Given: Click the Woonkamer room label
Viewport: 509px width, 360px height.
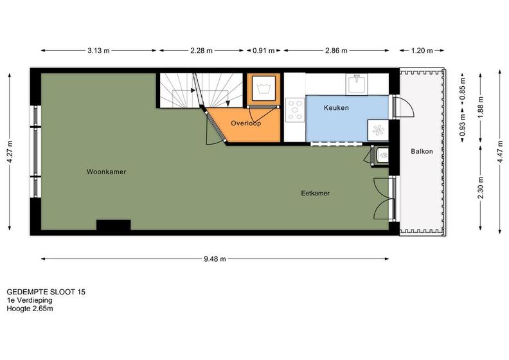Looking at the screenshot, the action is click(106, 172).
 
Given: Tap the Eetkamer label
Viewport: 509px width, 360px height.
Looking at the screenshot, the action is click(315, 193).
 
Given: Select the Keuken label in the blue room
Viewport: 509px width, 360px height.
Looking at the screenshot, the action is click(336, 107).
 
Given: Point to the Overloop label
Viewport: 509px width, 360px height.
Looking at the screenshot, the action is click(246, 123).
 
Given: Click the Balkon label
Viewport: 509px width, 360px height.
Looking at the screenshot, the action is click(422, 151).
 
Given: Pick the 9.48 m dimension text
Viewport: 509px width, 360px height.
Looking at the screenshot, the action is click(215, 259).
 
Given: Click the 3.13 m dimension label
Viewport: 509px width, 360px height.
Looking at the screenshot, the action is click(99, 51).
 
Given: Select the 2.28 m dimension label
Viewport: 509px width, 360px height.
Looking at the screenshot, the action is click(201, 51).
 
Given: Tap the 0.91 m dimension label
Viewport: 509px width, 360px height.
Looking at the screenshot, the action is click(263, 51).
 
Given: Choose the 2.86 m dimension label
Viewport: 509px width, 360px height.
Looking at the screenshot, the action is click(336, 51).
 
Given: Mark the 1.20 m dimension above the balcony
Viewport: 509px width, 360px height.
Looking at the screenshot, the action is click(422, 51).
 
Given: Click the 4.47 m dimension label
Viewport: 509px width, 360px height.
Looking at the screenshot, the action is click(500, 151).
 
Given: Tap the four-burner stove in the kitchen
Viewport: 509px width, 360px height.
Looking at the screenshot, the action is click(295, 110).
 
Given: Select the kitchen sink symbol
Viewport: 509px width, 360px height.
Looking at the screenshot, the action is click(357, 84).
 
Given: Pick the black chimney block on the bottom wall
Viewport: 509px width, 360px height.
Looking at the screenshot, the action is click(114, 225).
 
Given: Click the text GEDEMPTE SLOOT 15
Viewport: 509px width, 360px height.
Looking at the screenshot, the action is click(46, 292).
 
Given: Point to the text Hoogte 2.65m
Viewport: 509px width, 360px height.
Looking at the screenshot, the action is click(30, 309).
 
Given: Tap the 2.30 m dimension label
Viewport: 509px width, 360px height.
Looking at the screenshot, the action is click(481, 188).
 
